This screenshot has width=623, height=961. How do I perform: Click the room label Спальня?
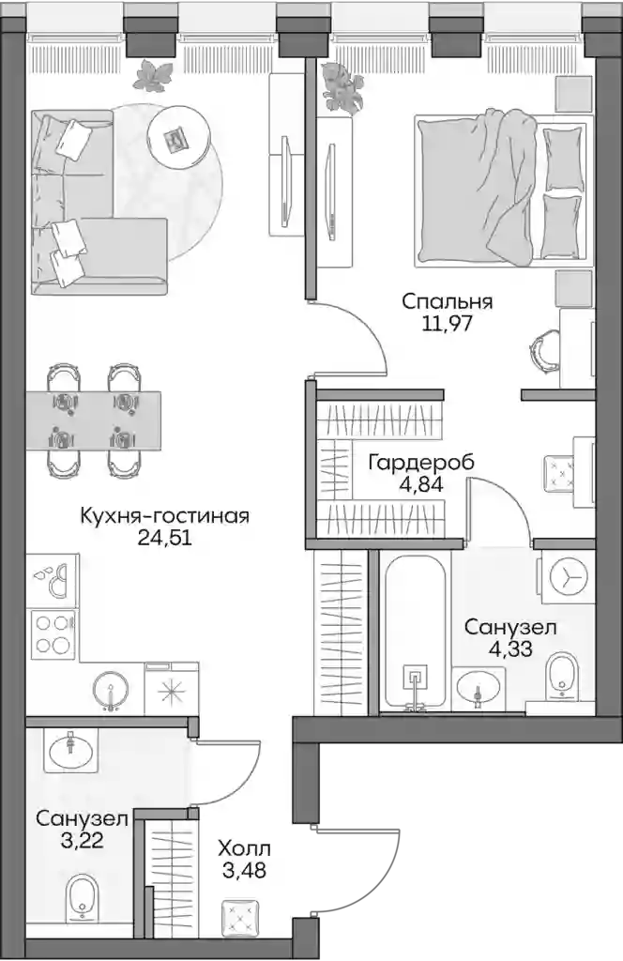[x=448, y=301]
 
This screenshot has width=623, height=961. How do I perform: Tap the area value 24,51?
[x=165, y=538]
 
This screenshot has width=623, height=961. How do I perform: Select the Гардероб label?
[x=421, y=463]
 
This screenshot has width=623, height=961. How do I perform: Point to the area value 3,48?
[x=244, y=870]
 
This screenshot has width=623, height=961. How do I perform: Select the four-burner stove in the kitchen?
[x=52, y=634]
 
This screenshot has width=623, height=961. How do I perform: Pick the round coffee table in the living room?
[x=176, y=139]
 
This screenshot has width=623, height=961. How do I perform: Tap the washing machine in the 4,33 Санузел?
[x=568, y=577]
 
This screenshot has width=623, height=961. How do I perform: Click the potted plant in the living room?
[x=151, y=75]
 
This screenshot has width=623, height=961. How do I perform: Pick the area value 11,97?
[x=448, y=323]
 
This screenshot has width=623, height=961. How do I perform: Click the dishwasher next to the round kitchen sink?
[x=171, y=689]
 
